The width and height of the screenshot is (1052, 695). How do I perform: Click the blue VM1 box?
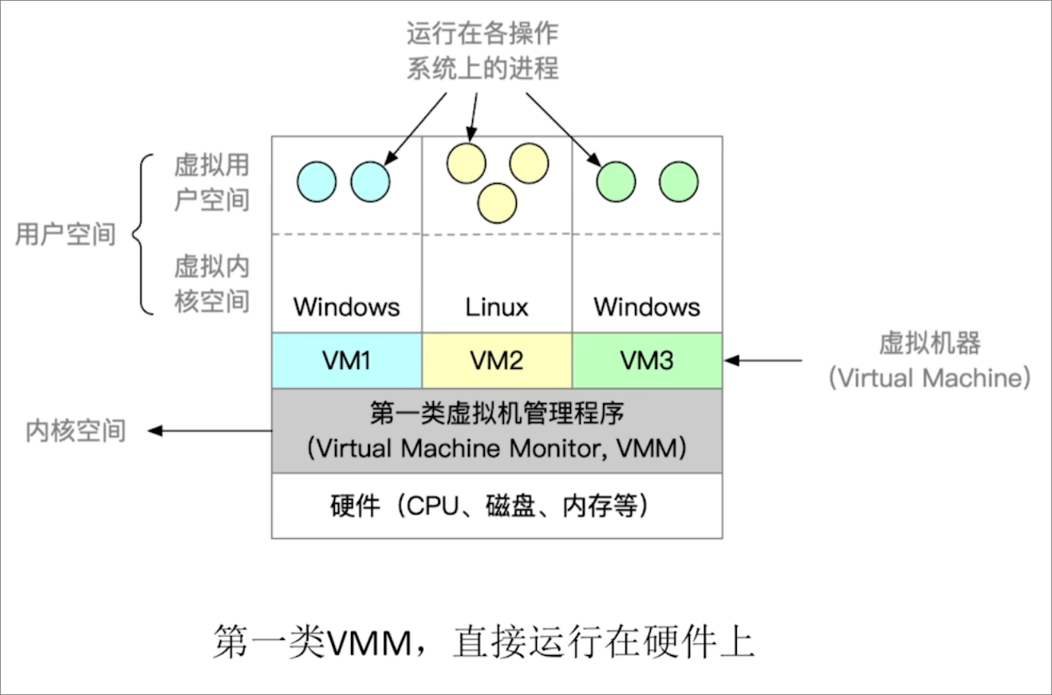(x=346, y=361)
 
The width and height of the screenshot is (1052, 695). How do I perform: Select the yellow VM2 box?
(x=496, y=361)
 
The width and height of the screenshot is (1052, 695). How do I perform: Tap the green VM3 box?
(x=647, y=361)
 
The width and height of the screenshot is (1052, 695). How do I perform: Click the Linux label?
(x=496, y=307)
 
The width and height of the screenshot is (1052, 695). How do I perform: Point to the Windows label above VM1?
(x=346, y=307)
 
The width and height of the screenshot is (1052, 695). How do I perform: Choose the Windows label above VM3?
(x=647, y=307)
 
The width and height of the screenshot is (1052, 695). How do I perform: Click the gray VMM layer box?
(x=496, y=431)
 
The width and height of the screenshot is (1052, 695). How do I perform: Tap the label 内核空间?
(x=76, y=431)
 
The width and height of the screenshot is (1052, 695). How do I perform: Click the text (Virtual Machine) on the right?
(x=929, y=377)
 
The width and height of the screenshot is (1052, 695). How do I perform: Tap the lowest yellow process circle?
(x=496, y=202)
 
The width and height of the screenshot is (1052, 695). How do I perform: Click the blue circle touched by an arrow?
(x=371, y=181)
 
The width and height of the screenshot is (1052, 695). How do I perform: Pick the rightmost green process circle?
(x=679, y=181)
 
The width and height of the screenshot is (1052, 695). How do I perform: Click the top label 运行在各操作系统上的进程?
(x=483, y=51)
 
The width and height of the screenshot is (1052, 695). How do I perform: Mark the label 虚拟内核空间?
(x=211, y=283)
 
